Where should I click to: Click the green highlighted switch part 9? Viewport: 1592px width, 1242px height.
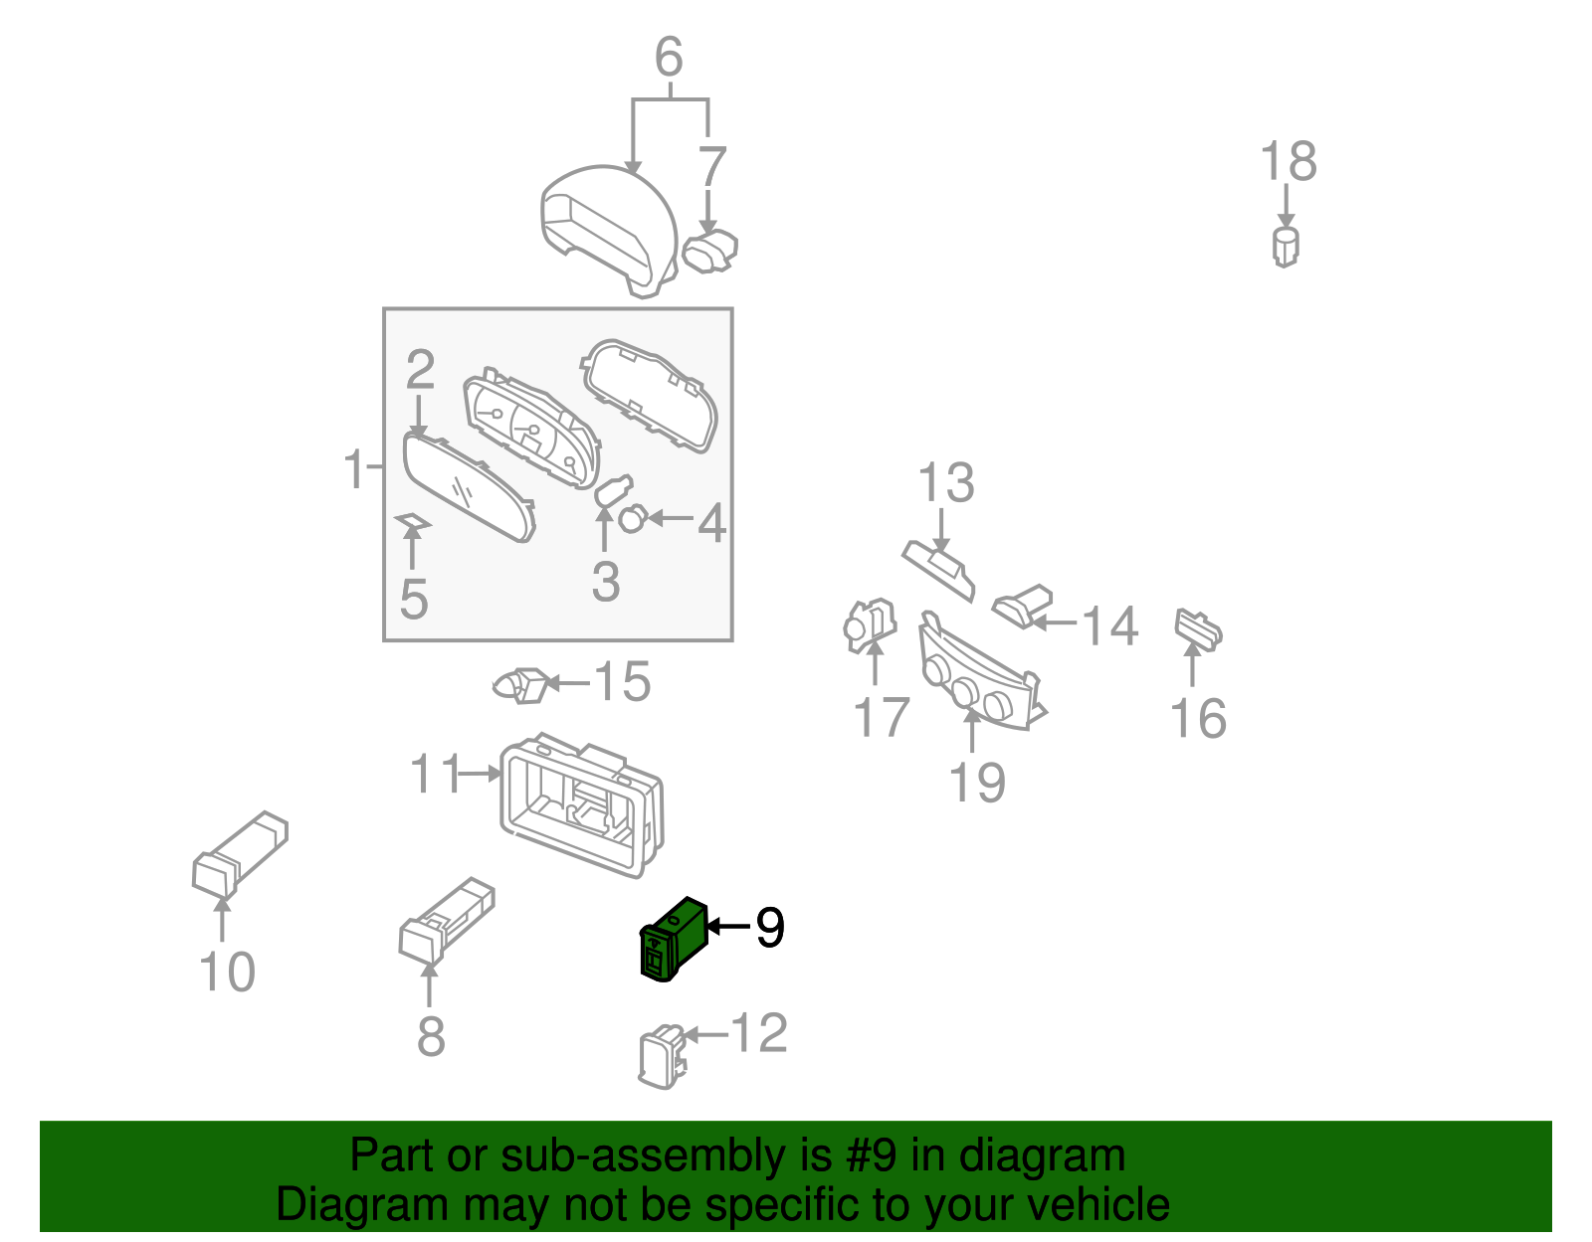point(674,939)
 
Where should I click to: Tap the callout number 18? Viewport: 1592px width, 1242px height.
point(1288,162)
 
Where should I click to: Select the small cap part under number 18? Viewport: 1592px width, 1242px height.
point(1286,247)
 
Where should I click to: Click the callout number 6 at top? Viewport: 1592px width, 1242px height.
point(669,57)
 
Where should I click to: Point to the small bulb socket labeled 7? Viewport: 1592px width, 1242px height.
point(709,251)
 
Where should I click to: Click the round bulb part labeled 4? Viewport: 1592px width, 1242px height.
point(632,518)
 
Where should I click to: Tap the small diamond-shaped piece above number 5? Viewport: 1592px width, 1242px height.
point(413,520)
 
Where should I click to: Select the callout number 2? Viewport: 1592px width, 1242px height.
point(421,370)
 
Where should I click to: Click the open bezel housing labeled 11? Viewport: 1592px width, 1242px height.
point(582,805)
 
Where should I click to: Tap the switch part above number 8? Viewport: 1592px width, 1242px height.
point(446,920)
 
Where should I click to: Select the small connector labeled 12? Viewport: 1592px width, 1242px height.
point(663,1056)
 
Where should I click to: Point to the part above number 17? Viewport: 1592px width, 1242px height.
point(870,625)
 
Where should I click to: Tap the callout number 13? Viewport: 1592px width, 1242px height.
point(946,483)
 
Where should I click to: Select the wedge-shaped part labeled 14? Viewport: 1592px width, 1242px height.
point(1022,606)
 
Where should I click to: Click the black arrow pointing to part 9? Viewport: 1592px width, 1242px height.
point(729,927)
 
